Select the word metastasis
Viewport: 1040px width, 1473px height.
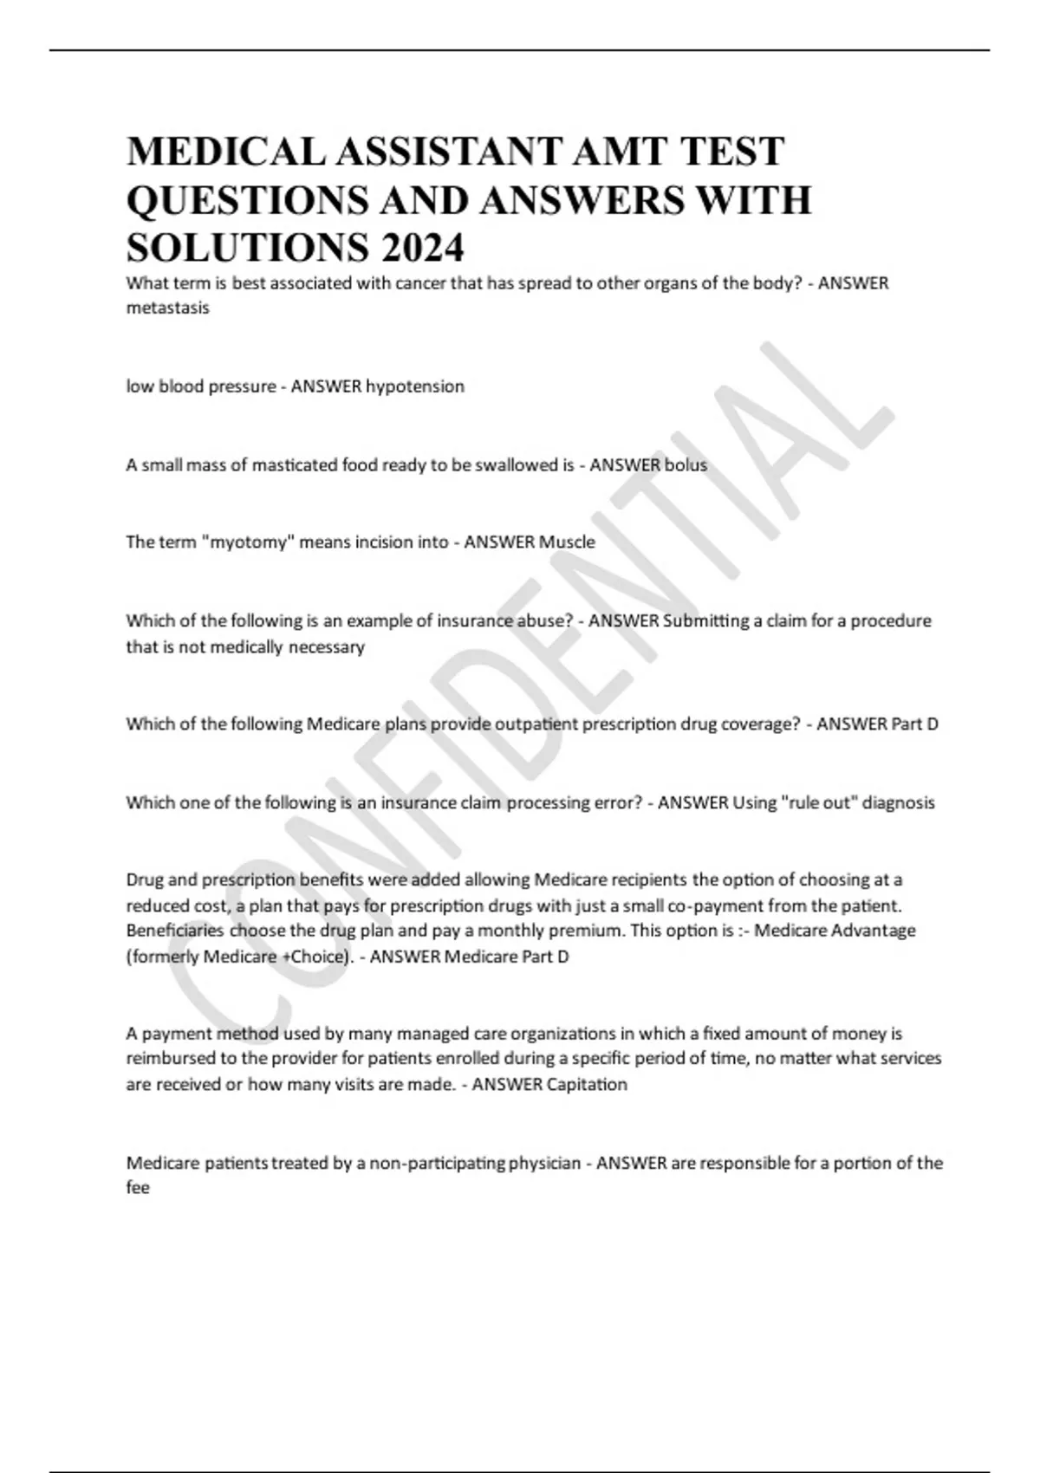(x=167, y=308)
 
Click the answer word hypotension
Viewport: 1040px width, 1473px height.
(x=415, y=386)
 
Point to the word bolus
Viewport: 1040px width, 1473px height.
(x=686, y=465)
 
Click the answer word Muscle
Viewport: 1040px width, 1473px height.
(x=567, y=542)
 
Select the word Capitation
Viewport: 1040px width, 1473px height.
(x=587, y=1085)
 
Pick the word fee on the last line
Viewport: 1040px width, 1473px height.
(x=138, y=1189)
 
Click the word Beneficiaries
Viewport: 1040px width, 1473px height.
(x=175, y=931)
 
